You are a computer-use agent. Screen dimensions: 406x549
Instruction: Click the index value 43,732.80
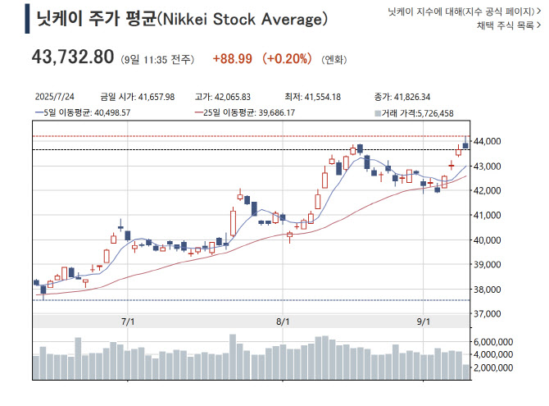click(72, 57)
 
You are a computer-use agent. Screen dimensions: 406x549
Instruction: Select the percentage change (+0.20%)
click(287, 59)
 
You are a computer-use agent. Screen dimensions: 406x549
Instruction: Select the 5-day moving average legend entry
click(82, 112)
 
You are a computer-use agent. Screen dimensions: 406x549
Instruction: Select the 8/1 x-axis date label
click(283, 322)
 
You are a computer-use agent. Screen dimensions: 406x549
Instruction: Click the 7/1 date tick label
click(127, 322)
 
